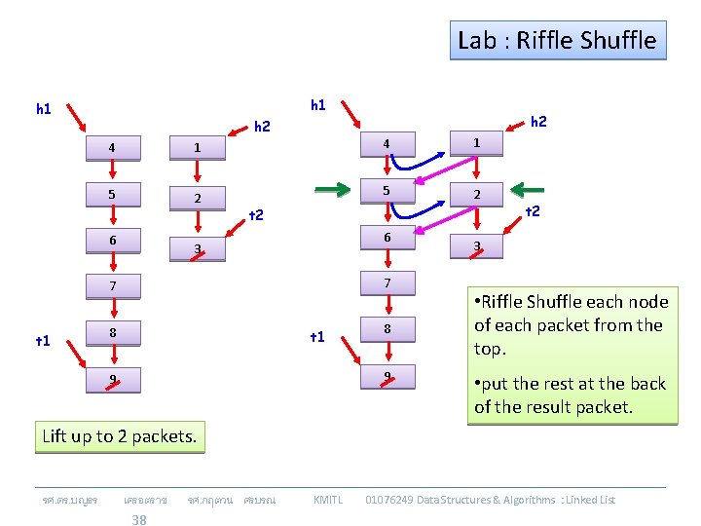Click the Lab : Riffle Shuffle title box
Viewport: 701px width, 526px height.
(x=558, y=41)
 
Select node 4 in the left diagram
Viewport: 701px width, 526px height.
(x=112, y=148)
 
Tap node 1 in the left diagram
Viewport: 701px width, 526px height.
(x=197, y=148)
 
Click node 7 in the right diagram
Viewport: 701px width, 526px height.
(x=387, y=283)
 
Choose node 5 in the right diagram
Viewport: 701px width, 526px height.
(x=387, y=191)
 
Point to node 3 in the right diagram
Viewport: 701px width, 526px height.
(x=476, y=246)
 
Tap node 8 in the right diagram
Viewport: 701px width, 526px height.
(x=387, y=329)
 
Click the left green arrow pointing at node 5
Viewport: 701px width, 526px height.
(x=331, y=189)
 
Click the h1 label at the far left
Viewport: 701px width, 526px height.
(x=44, y=108)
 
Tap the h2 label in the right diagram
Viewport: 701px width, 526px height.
(x=537, y=121)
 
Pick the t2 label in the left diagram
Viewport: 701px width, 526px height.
(x=256, y=214)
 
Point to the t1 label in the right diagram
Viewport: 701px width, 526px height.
(x=316, y=337)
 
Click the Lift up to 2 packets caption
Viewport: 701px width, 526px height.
(x=119, y=435)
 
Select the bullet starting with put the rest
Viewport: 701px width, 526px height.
(x=570, y=394)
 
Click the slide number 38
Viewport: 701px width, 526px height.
(x=139, y=519)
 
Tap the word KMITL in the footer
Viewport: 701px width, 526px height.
(x=327, y=500)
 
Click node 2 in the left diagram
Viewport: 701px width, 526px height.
(x=197, y=199)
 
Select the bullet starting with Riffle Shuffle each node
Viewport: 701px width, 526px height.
(x=570, y=324)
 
